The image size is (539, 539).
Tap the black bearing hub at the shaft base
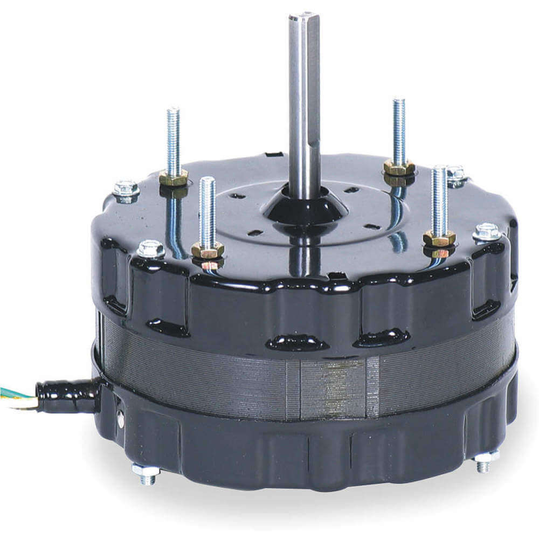(305, 208)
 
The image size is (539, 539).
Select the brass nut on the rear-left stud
(174, 177)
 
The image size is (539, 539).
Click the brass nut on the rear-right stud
(399, 168)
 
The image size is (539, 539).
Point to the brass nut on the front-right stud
(439, 238)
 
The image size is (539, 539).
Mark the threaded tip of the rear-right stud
(399, 104)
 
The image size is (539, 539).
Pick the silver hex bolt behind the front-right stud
(455, 174)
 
